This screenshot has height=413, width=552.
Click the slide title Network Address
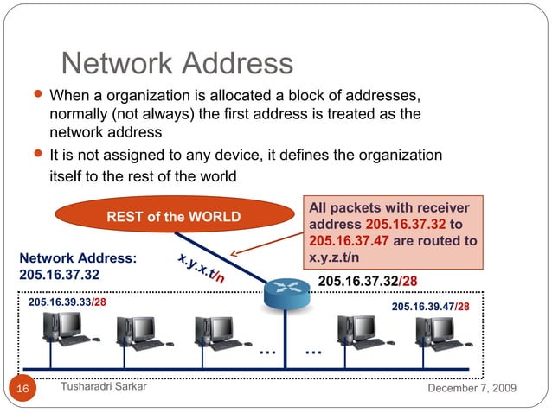pos(177,63)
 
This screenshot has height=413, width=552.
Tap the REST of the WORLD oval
pos(173,216)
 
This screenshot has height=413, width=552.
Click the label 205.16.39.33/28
pos(67,302)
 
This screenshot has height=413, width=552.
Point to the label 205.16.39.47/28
pos(431,307)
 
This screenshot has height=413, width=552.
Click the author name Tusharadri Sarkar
pos(104,388)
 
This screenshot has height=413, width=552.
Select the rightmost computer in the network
pos(435,334)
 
